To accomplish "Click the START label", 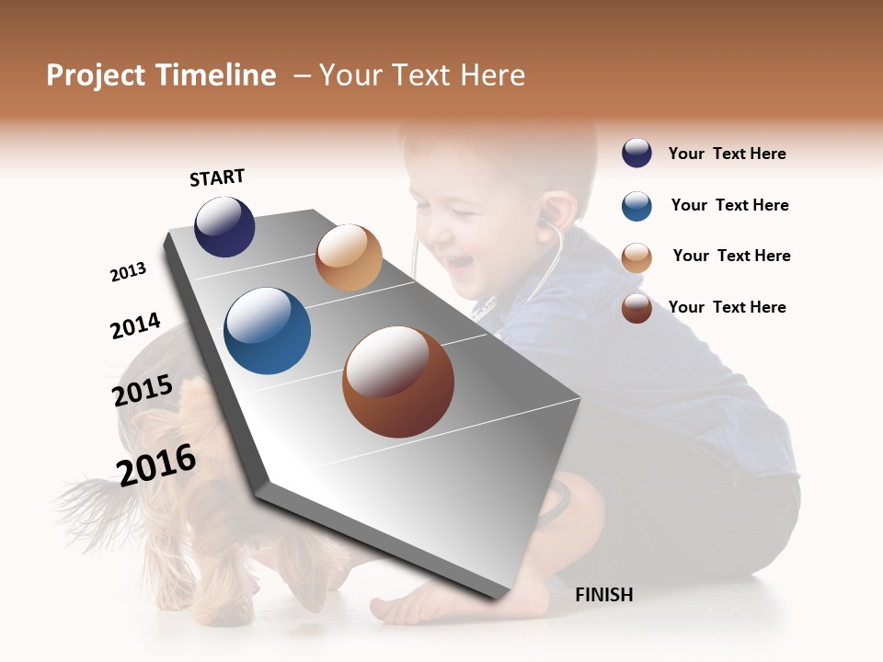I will click(217, 177).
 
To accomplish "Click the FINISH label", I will click(603, 595).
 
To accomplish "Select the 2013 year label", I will click(128, 272).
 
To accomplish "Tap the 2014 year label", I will click(135, 325).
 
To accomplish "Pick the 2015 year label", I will click(143, 391).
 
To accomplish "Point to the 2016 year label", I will click(156, 464).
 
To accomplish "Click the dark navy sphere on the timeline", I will click(224, 226).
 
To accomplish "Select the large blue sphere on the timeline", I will click(267, 331).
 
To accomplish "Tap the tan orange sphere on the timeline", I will click(349, 257).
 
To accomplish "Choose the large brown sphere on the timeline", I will click(397, 382).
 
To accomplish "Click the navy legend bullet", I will click(636, 154).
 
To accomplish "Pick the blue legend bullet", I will click(636, 206).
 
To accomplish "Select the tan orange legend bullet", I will click(636, 257).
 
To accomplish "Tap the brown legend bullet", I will click(636, 308).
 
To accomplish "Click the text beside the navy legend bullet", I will click(727, 154).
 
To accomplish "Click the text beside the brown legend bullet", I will click(727, 307).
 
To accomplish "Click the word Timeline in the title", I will click(214, 75).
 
